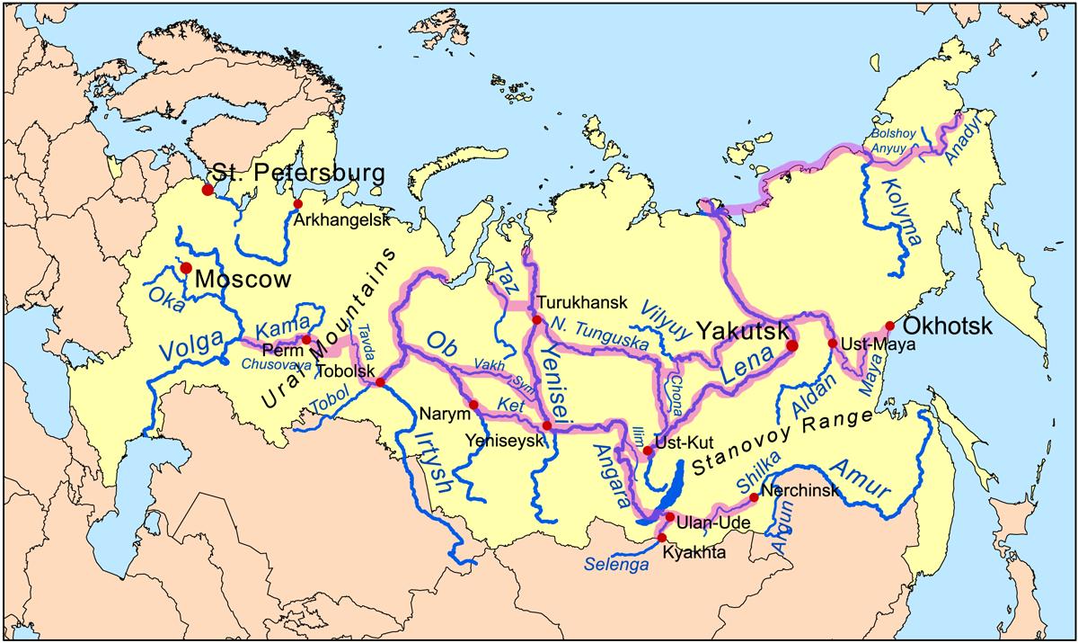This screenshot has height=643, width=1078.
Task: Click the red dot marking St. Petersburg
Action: point(208,190)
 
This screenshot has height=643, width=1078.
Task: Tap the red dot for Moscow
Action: point(186,268)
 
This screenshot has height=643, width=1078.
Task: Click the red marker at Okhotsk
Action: point(889,326)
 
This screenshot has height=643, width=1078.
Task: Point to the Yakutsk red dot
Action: point(792,344)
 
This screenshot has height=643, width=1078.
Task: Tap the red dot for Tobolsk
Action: point(380,382)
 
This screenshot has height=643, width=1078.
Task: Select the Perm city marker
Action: point(306,340)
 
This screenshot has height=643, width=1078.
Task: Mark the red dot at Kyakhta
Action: point(662,537)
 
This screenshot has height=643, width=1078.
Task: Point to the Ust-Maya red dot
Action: point(832,343)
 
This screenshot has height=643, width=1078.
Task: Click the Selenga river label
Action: point(615,564)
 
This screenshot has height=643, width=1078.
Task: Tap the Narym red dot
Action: point(473,405)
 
